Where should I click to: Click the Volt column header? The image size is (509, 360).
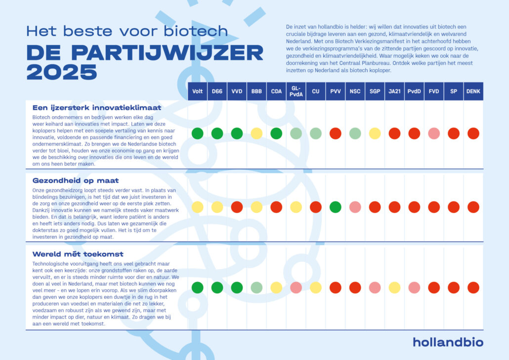[197, 91]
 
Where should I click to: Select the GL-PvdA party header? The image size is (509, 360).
[296, 91]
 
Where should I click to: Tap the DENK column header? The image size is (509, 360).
[473, 91]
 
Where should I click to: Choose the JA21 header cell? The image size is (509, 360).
[394, 91]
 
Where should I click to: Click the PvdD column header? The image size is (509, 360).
[414, 91]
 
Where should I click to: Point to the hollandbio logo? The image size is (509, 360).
[448, 342]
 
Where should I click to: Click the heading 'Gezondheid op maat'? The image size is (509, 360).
[76, 181]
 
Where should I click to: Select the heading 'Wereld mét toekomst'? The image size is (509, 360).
[78, 254]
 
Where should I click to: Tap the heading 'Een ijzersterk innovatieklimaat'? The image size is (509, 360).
[97, 107]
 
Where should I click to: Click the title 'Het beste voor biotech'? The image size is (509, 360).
[127, 32]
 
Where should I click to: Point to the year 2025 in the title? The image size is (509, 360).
[62, 72]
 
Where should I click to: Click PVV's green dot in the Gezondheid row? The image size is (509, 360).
[335, 207]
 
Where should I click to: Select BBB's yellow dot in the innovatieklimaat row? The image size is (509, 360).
[256, 134]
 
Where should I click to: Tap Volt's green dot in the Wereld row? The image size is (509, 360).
[197, 287]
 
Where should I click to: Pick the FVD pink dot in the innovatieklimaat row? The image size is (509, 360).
[434, 134]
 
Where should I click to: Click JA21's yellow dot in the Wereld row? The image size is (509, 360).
[394, 287]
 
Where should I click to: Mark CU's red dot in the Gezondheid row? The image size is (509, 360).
[315, 207]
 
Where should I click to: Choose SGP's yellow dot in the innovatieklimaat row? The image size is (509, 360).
[375, 134]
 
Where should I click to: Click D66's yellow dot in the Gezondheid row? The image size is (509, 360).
[217, 207]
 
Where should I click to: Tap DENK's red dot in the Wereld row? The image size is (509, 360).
[473, 287]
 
